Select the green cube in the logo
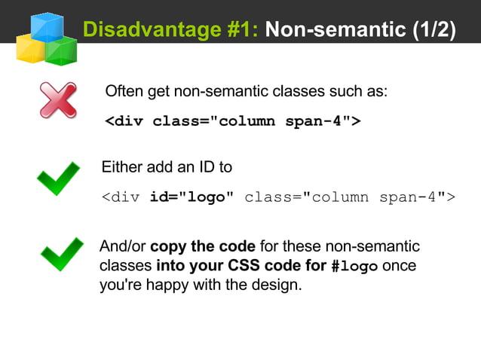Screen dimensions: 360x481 tap(60, 50)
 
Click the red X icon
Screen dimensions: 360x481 tap(58, 100)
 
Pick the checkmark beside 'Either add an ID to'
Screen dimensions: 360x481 tap(58, 178)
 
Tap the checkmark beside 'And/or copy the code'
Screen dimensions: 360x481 tap(61, 255)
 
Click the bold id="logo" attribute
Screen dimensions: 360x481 tap(191, 198)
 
